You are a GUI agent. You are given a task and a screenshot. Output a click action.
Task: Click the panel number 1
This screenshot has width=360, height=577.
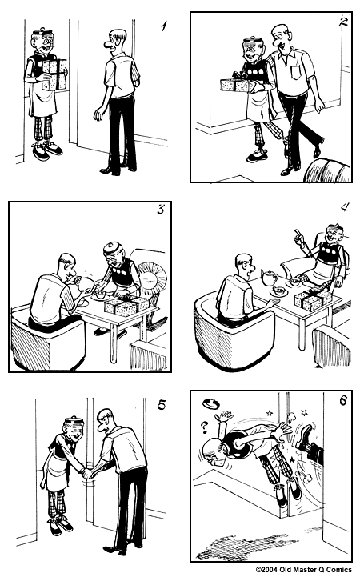tap(163, 26)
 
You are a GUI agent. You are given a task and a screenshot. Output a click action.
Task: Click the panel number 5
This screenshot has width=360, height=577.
tap(162, 404)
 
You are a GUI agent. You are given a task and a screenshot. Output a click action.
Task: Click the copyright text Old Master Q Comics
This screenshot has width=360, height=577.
tap(306, 570)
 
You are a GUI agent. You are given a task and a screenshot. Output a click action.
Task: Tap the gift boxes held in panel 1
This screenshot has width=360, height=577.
tap(54, 74)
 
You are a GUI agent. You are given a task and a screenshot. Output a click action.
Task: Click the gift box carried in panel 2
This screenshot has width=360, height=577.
tap(234, 84)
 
